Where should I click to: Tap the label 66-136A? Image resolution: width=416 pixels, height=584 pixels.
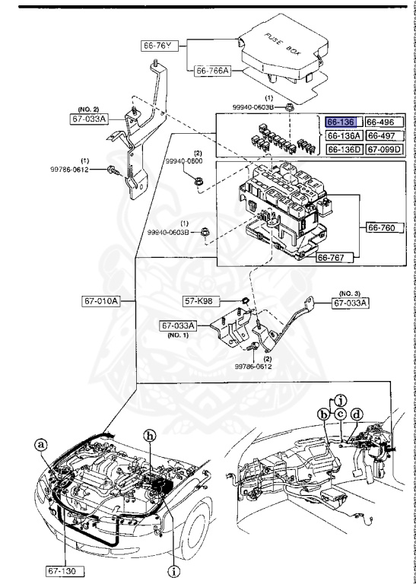point(343,135)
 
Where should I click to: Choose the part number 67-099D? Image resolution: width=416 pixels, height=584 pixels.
point(382,149)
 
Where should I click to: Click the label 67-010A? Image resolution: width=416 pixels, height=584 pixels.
point(100,301)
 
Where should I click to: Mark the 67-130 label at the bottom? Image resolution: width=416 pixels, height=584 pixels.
point(64,569)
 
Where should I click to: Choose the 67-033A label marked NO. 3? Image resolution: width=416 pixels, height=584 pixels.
point(351,303)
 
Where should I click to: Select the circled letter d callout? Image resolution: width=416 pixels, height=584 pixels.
point(357,414)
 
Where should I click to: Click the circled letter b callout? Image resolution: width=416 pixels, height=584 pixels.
point(324,414)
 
